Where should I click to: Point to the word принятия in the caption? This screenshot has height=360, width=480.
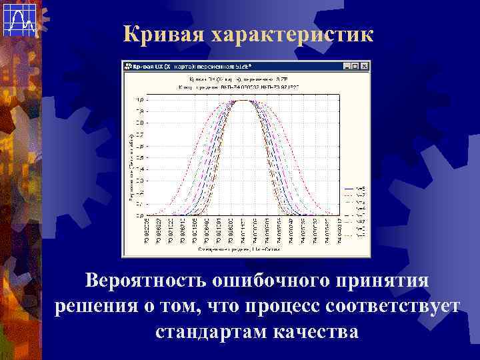[378, 281]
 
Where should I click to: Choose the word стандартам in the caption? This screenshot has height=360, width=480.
[213, 331]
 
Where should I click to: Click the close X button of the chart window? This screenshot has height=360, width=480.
[364, 66]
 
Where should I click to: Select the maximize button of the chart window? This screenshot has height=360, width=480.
[355, 66]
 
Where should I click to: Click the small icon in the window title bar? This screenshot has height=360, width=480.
[127, 66]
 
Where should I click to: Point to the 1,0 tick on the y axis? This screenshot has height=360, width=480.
[139, 101]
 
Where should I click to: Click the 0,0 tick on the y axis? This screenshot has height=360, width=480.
[139, 215]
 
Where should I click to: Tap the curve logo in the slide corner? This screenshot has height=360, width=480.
[19, 19]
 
